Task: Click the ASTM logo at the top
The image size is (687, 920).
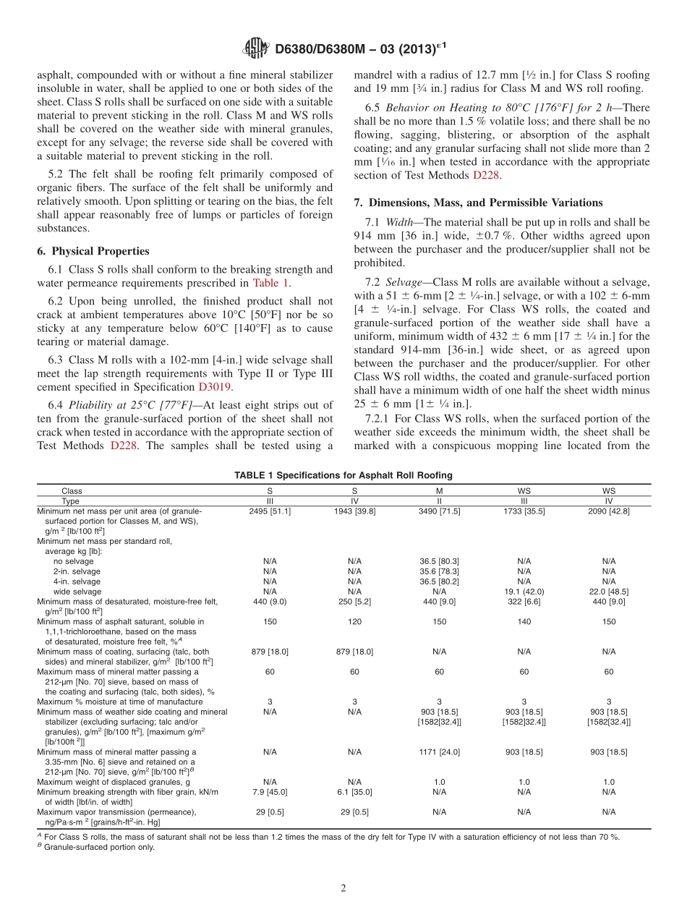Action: click(256, 49)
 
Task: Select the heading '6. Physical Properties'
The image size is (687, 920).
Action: click(93, 251)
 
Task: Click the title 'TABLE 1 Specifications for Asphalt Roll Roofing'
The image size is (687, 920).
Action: click(343, 475)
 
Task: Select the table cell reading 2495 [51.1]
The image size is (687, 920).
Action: click(270, 511)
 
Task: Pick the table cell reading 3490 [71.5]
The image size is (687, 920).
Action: click(439, 511)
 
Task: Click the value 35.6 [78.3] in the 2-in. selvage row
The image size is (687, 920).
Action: click(439, 571)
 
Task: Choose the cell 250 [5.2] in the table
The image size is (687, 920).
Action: click(354, 601)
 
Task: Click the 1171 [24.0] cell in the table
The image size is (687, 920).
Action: click(439, 752)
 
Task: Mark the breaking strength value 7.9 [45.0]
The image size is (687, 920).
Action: click(270, 792)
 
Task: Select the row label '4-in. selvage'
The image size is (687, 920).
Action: click(77, 582)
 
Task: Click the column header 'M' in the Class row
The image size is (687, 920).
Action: click(439, 490)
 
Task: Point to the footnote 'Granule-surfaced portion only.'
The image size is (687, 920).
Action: click(98, 847)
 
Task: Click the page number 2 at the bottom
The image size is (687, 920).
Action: click(343, 889)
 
